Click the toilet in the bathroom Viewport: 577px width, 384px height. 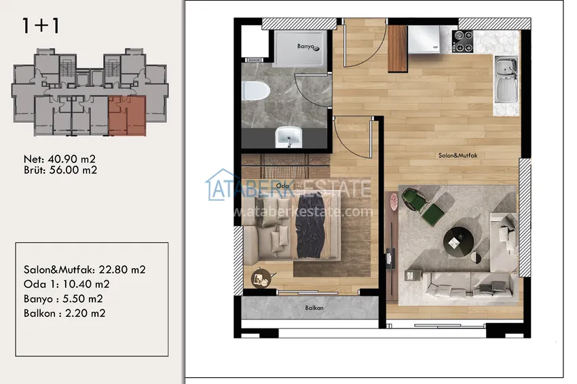[256, 91]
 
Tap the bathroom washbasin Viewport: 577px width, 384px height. [289, 137]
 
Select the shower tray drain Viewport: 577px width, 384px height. [316, 48]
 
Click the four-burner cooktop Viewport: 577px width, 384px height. [462, 41]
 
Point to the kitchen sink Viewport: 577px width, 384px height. [506, 80]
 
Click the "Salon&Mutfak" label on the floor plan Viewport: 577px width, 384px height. [458, 155]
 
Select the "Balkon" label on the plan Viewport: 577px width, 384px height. [314, 308]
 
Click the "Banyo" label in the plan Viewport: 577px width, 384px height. [305, 46]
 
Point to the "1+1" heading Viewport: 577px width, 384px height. [41, 26]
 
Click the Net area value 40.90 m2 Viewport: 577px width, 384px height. [72, 159]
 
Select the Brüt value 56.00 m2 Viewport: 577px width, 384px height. [73, 170]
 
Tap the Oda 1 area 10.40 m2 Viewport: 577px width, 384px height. [86, 284]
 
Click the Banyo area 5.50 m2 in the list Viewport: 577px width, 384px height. [83, 299]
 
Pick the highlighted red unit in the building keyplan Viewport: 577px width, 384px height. [127, 116]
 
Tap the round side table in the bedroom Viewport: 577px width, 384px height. [261, 278]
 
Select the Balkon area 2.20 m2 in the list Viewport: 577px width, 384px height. [86, 313]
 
